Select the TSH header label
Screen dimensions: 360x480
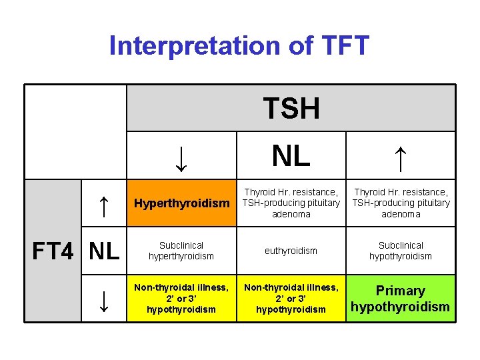tap(291, 108)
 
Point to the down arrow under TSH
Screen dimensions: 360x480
tap(181, 157)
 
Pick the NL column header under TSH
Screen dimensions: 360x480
tap(291, 156)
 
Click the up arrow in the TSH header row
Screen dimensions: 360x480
tap(400, 157)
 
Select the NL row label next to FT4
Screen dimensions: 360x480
tap(104, 251)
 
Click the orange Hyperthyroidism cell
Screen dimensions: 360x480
tap(181, 203)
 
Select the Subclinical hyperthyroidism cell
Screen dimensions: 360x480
tap(181, 251)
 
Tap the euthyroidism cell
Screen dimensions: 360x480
tap(291, 251)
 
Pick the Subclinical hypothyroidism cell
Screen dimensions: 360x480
tap(401, 251)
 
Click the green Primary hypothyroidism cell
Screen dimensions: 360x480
tap(401, 299)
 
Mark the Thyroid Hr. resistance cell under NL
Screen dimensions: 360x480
tap(291, 203)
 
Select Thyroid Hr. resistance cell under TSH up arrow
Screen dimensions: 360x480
tap(401, 203)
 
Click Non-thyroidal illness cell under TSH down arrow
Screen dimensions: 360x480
tap(181, 298)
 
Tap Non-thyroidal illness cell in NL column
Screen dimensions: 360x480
tap(291, 298)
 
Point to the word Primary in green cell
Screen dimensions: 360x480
tap(401, 291)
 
